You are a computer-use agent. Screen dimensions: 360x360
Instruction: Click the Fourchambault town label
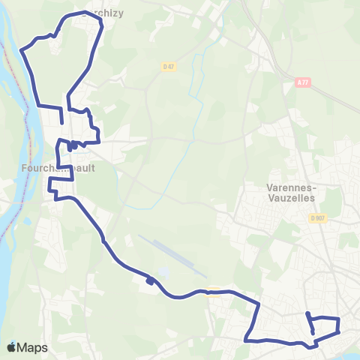[x=68, y=169]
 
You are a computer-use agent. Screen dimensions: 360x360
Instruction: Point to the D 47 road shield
[x=168, y=67]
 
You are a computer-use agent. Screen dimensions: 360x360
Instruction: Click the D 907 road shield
[x=316, y=218]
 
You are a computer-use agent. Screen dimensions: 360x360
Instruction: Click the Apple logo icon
[x=11, y=347]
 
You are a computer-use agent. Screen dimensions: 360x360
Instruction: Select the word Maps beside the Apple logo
[x=34, y=347]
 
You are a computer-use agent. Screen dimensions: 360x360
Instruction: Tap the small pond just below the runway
[x=163, y=272]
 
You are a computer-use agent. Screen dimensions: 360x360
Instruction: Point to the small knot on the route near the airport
[x=151, y=281]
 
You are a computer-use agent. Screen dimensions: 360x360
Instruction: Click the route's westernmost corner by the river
[x=22, y=51]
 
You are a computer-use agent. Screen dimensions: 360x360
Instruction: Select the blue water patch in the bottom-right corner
[x=349, y=349]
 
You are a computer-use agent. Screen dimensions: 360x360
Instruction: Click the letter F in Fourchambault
[x=45, y=169]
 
